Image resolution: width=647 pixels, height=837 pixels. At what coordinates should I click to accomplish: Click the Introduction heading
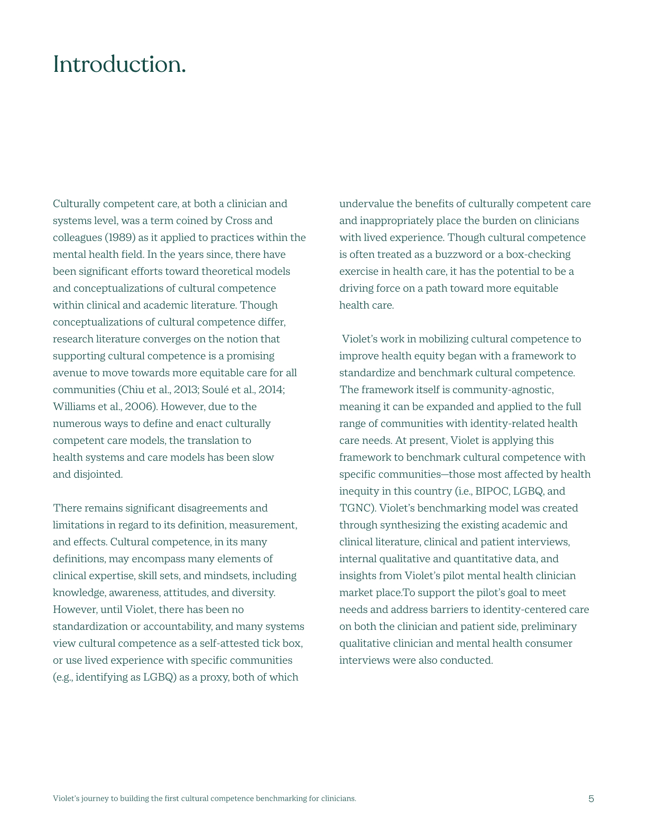coord(119,64)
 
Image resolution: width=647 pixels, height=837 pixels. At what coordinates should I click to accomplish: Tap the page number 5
coord(591,798)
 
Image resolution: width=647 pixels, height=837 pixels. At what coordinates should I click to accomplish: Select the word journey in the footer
coord(95,798)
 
